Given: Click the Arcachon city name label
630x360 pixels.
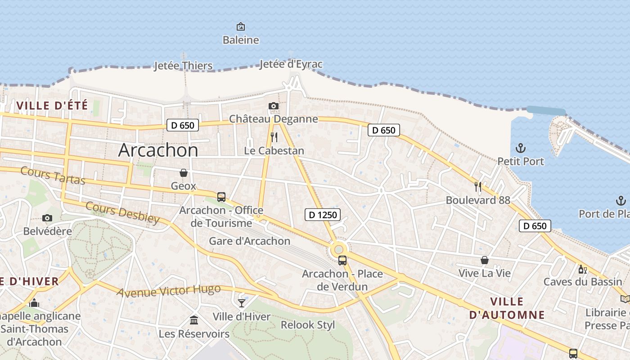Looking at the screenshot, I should pyautogui.click(x=158, y=150).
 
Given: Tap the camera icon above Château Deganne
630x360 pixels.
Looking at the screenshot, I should pyautogui.click(x=273, y=106).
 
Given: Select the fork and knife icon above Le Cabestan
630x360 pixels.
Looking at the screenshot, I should pyautogui.click(x=274, y=137).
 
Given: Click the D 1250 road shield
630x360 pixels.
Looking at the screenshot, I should pyautogui.click(x=323, y=215).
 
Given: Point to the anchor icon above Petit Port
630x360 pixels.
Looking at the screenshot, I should pyautogui.click(x=521, y=148).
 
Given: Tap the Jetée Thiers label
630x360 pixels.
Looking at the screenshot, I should pyautogui.click(x=183, y=66).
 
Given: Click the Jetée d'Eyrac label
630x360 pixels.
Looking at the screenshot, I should pyautogui.click(x=291, y=64).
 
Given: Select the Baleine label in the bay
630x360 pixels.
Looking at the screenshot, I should pyautogui.click(x=241, y=40).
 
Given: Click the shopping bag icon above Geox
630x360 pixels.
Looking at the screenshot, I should pyautogui.click(x=184, y=172).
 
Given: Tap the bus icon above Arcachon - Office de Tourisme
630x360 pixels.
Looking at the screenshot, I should pyautogui.click(x=221, y=197).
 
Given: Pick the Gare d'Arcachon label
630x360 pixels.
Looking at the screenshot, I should pyautogui.click(x=250, y=241).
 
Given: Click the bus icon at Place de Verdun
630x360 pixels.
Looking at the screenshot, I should pyautogui.click(x=342, y=260).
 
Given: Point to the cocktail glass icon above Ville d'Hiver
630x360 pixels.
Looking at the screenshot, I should pyautogui.click(x=242, y=302).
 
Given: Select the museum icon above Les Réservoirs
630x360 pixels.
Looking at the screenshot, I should pyautogui.click(x=194, y=320).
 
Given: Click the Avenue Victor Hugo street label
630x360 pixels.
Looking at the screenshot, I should pyautogui.click(x=169, y=291).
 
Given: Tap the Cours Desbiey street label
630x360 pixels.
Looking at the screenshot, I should pyautogui.click(x=122, y=212).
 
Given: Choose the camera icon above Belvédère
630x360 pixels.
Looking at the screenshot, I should pyautogui.click(x=47, y=218).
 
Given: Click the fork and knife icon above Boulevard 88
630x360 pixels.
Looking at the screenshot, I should pyautogui.click(x=478, y=186).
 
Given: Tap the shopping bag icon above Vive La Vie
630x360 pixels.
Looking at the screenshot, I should pyautogui.click(x=485, y=260).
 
